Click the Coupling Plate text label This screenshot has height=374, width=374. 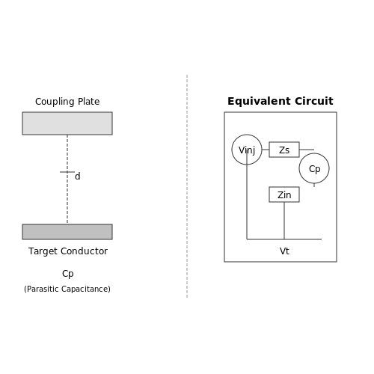point(67,102)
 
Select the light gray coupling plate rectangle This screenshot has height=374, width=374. point(67,123)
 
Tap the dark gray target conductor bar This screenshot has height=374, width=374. point(67,232)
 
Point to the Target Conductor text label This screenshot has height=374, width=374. point(68,251)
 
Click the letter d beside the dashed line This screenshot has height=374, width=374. point(78,177)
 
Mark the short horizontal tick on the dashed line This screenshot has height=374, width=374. point(67,172)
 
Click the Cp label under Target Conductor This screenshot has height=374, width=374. point(68,274)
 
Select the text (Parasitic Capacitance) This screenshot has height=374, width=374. point(67,289)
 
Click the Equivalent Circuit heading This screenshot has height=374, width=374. point(280,101)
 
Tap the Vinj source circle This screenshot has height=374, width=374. point(247,135)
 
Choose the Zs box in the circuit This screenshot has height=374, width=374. point(284,150)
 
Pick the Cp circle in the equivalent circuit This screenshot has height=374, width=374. point(314,153)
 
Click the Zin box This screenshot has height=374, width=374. point(284,194)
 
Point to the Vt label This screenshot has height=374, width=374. point(284,251)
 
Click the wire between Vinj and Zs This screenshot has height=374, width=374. point(266,150)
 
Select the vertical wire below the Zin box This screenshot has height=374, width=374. point(284,221)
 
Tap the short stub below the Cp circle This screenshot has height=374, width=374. point(314,185)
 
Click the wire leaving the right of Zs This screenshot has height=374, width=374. point(307,150)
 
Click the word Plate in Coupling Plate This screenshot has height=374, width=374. point(88,102)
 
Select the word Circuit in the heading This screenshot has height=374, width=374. point(314,101)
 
